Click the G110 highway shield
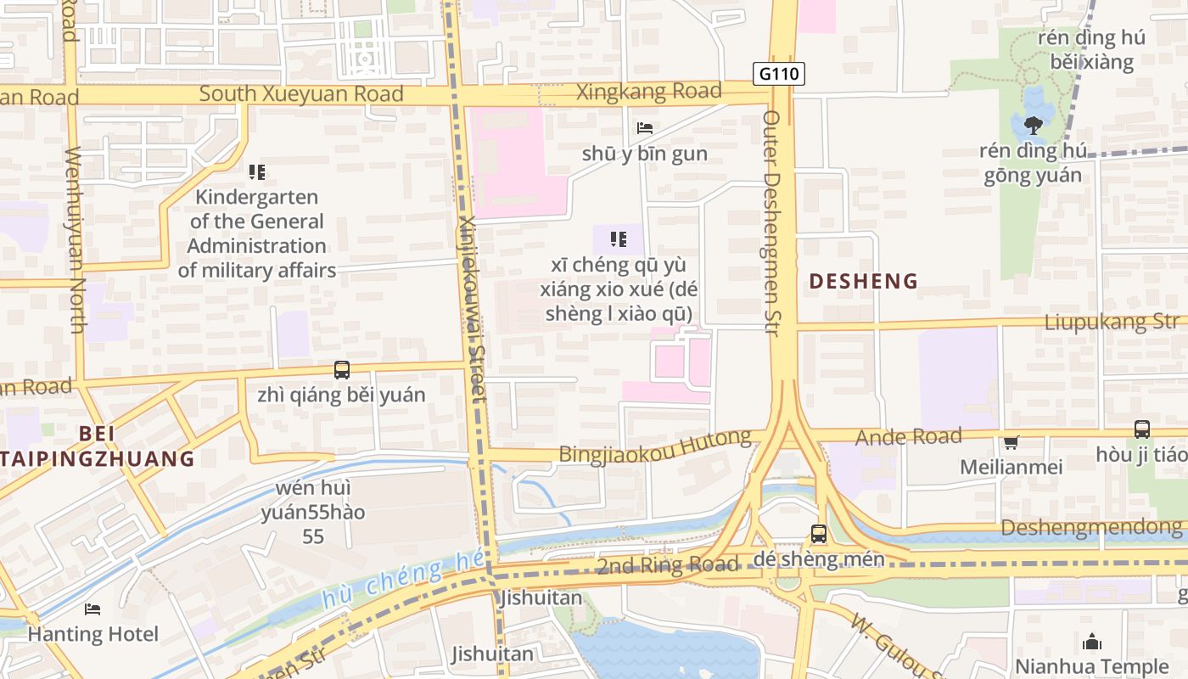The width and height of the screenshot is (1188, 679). coord(778,74)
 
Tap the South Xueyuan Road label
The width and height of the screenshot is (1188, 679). coord(300,94)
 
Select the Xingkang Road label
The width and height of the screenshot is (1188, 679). coord(649,92)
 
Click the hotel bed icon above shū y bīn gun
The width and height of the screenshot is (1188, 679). coord(645,128)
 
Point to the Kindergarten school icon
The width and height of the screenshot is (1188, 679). coord(257,172)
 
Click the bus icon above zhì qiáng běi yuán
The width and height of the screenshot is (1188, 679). coord(342,370)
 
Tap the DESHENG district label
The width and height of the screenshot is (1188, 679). coord(863,281)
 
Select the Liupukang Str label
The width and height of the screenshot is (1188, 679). coord(1112,322)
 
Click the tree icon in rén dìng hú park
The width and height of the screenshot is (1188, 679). coord(1033,125)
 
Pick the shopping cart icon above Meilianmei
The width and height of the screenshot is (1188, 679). coord(1011,442)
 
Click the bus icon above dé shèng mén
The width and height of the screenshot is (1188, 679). coord(819,534)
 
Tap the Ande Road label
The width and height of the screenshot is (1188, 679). coord(908,437)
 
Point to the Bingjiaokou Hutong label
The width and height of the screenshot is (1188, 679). coord(654,446)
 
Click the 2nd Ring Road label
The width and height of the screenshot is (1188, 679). coord(667,565)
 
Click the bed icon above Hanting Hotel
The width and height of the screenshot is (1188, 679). coord(92,609)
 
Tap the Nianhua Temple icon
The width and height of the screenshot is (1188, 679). coord(1092,642)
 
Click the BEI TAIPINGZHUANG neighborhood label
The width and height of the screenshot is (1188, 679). coord(98,446)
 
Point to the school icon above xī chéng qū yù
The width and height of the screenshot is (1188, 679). coord(619,239)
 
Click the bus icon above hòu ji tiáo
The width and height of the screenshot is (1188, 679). coord(1142,429)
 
